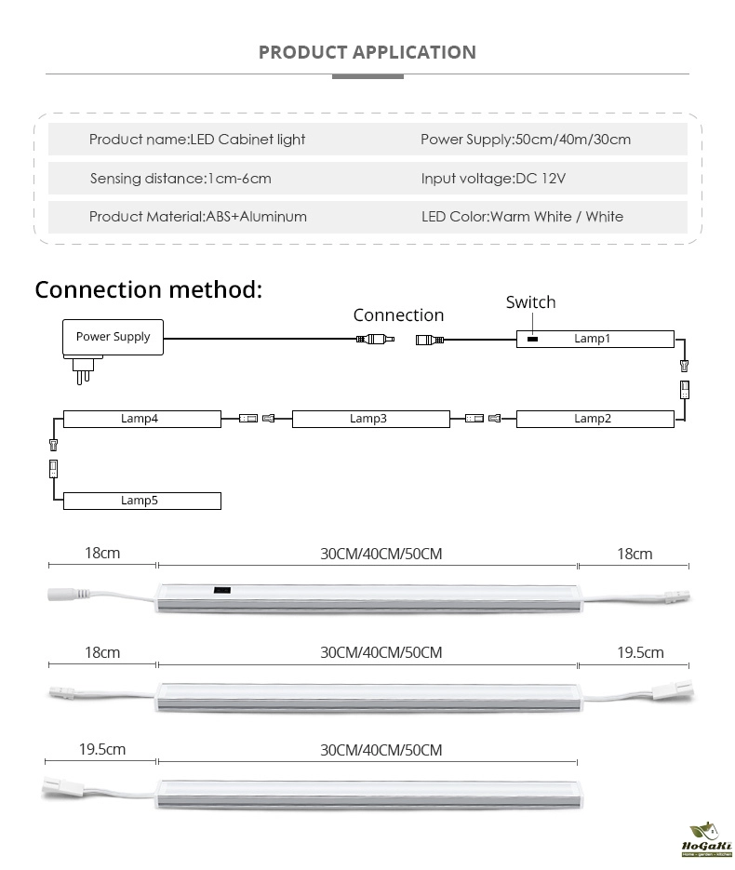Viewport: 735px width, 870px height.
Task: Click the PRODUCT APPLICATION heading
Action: (367, 52)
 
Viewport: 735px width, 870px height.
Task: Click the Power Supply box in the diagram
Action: (113, 337)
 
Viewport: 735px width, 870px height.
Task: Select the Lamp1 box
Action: (595, 339)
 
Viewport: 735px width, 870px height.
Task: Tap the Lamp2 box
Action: (595, 419)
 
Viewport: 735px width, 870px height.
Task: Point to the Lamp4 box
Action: (141, 419)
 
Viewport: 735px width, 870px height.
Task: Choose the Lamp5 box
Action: (141, 501)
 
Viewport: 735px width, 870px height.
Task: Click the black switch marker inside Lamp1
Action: (531, 339)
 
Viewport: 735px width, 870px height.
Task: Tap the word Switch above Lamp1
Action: (530, 302)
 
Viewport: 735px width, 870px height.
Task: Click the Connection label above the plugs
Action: (398, 315)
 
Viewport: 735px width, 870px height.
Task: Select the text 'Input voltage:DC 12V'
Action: (493, 178)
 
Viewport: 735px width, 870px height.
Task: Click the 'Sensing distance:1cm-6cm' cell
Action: (180, 178)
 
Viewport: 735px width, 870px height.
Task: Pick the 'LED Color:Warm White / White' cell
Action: (522, 217)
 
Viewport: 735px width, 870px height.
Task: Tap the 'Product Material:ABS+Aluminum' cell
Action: (197, 217)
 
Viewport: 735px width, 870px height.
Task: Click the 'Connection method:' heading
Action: (149, 289)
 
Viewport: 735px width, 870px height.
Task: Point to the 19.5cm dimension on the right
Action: (640, 652)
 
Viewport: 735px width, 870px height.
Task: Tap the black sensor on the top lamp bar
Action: (223, 590)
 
